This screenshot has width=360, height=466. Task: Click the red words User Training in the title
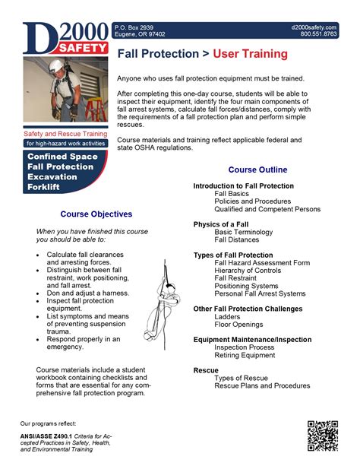point(250,54)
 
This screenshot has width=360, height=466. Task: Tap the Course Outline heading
point(257,169)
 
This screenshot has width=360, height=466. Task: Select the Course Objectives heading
point(96,214)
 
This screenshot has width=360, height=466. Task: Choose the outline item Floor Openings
point(238,325)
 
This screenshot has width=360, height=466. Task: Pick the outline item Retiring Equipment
point(245,355)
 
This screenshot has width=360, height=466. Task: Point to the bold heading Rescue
point(206,369)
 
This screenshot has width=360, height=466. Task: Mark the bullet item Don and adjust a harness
point(88,293)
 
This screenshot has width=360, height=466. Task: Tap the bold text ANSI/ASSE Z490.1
point(49,436)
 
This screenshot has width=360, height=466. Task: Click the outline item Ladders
point(228,317)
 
